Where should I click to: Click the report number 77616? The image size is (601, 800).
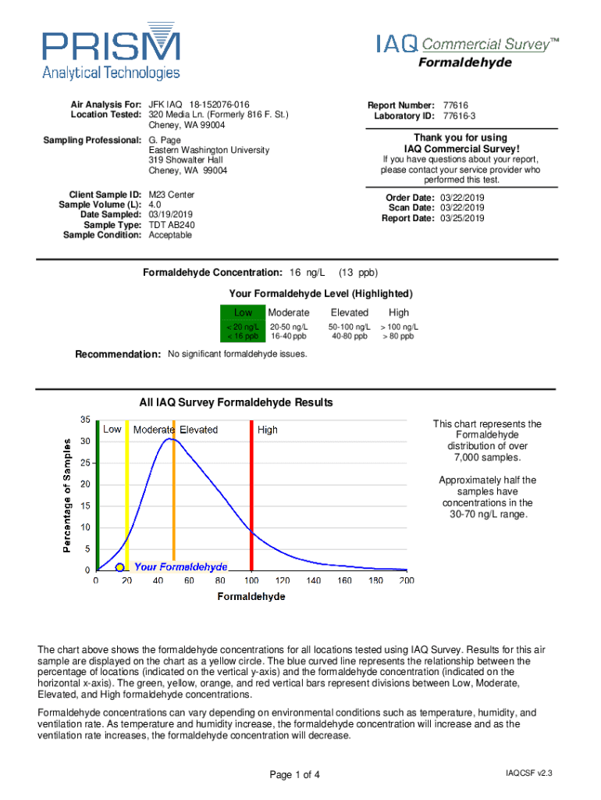(x=455, y=105)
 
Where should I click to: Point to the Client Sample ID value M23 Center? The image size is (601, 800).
(x=172, y=195)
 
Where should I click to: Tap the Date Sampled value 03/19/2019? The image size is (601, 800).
(x=170, y=215)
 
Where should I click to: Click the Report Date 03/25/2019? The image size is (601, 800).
(x=462, y=219)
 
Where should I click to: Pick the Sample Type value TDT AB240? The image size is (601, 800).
(x=172, y=225)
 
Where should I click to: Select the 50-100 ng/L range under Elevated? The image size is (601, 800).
(x=349, y=327)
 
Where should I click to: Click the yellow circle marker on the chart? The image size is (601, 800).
(x=119, y=567)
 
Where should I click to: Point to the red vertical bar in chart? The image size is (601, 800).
(x=251, y=500)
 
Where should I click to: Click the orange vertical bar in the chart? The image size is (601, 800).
(x=173, y=500)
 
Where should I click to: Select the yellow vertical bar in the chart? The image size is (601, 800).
(x=127, y=500)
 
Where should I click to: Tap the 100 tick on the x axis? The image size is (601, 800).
(x=251, y=581)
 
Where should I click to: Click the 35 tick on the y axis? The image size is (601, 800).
(x=85, y=420)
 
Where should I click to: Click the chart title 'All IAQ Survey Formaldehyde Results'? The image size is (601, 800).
(x=236, y=403)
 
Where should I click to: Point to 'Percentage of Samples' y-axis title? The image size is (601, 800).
(x=68, y=495)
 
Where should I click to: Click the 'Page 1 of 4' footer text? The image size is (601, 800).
(x=294, y=775)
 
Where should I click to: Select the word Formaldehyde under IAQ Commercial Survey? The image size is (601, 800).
(x=465, y=62)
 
